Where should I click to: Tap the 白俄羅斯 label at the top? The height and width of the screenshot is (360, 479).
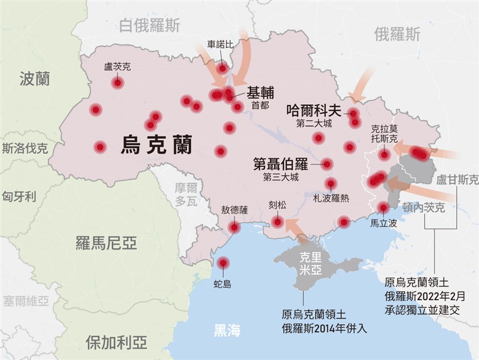click(x=149, y=25)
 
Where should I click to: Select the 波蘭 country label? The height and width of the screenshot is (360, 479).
click(x=34, y=78)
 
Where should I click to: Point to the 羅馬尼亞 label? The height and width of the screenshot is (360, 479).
click(x=106, y=243)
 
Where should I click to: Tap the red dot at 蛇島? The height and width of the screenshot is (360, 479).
click(x=223, y=262)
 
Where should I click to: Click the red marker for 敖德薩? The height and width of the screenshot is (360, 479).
click(x=234, y=227)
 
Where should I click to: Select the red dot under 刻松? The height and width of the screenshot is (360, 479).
click(x=277, y=222)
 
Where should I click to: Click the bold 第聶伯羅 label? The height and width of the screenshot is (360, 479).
click(x=280, y=163)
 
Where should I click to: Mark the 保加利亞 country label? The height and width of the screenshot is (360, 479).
click(x=116, y=343)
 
